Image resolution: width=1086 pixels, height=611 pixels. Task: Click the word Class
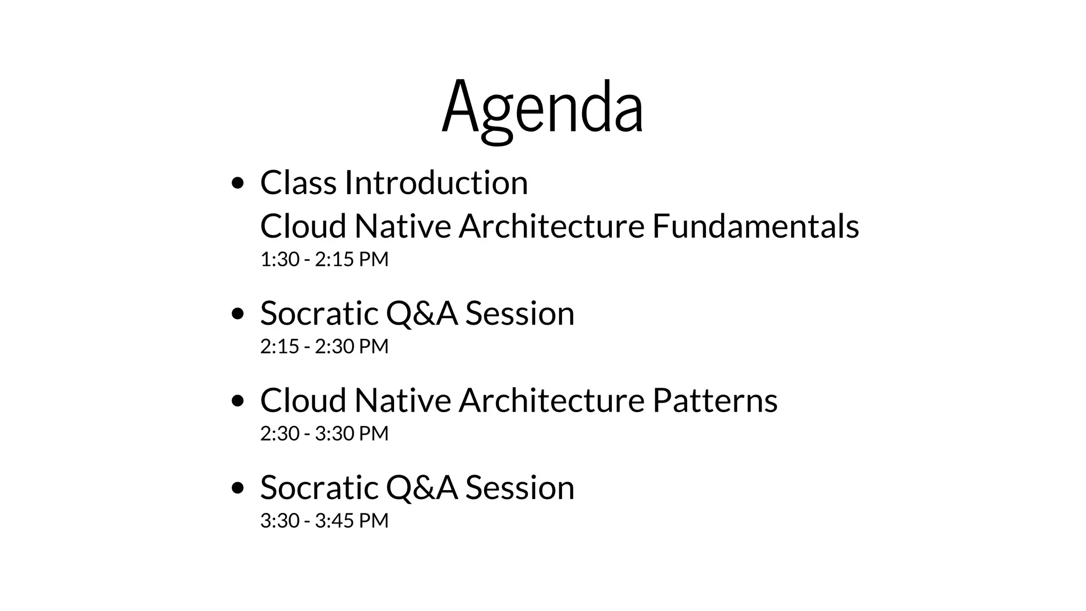(298, 182)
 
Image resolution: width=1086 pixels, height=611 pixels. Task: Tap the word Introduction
(436, 182)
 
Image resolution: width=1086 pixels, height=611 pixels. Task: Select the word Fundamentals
(755, 226)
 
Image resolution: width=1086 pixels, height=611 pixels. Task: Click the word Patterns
(714, 400)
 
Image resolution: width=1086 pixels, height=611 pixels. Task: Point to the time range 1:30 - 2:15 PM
(324, 259)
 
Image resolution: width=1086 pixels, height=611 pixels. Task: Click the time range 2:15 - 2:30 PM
(324, 346)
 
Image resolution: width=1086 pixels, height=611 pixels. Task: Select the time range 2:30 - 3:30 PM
(324, 433)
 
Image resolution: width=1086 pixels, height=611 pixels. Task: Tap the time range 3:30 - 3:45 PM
(324, 520)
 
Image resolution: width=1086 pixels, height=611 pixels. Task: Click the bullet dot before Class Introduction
(238, 184)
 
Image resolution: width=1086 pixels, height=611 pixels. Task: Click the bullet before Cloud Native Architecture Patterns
(238, 401)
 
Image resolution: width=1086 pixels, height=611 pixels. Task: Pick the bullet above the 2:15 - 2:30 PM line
(238, 314)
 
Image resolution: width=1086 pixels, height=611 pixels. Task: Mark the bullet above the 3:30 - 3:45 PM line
(238, 488)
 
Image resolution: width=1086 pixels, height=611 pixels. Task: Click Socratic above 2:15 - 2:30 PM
(319, 313)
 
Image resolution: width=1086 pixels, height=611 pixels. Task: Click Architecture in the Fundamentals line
(551, 226)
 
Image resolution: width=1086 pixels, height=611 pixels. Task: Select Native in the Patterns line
(402, 400)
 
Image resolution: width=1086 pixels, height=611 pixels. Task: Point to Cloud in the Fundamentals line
(303, 226)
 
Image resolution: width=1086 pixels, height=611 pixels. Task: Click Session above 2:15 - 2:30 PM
(520, 313)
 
